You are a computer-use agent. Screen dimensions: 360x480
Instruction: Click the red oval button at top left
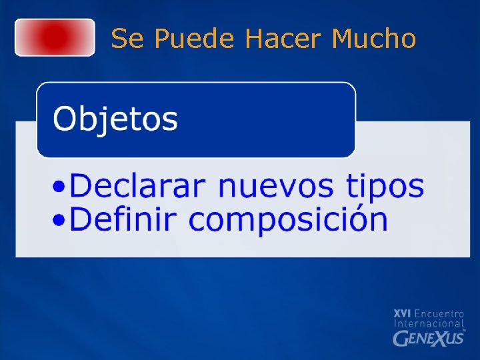(x=55, y=37)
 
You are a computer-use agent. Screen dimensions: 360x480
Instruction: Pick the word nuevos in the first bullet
(x=275, y=186)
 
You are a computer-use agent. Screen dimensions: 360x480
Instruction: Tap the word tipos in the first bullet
(x=385, y=187)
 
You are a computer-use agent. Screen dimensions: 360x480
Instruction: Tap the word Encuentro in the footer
(x=439, y=313)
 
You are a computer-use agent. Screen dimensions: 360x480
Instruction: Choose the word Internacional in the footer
(x=429, y=324)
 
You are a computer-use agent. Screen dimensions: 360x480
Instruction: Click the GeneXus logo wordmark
(x=429, y=338)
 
